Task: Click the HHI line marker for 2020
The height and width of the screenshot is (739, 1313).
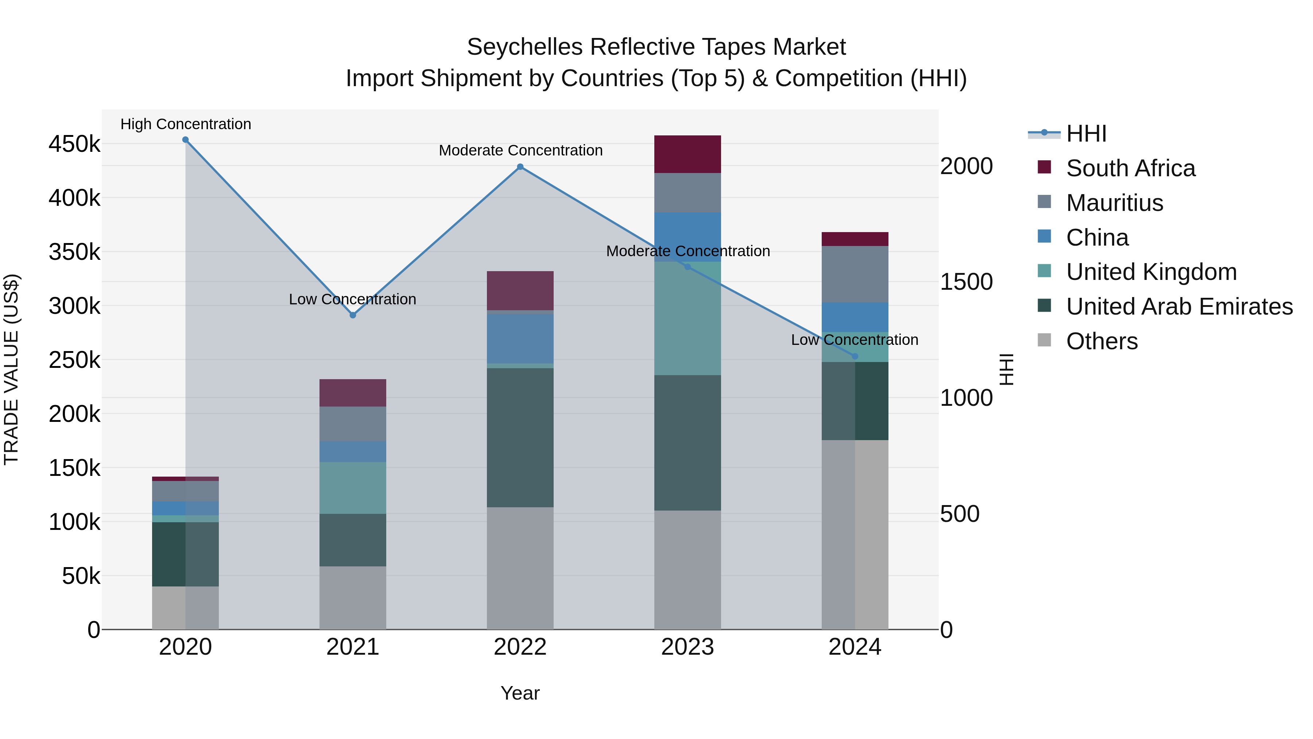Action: click(186, 140)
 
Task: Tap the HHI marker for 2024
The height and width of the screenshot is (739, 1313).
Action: click(855, 357)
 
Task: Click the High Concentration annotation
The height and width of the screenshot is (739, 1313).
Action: click(186, 124)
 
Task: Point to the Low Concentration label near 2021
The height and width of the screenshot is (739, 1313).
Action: click(352, 299)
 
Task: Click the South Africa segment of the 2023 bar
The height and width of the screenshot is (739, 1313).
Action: click(687, 154)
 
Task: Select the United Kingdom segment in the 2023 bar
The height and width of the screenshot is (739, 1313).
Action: click(687, 318)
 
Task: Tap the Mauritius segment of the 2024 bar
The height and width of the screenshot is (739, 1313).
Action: click(855, 274)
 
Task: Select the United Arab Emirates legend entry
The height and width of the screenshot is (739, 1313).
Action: click(1179, 307)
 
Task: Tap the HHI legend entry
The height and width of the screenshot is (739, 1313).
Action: click(1086, 134)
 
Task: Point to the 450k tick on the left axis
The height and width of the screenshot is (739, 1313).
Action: click(74, 144)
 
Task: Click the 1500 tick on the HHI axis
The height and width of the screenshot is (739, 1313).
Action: click(966, 282)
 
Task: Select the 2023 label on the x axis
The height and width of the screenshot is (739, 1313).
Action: click(687, 647)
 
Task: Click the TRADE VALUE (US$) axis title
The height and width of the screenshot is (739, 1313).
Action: click(11, 369)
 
